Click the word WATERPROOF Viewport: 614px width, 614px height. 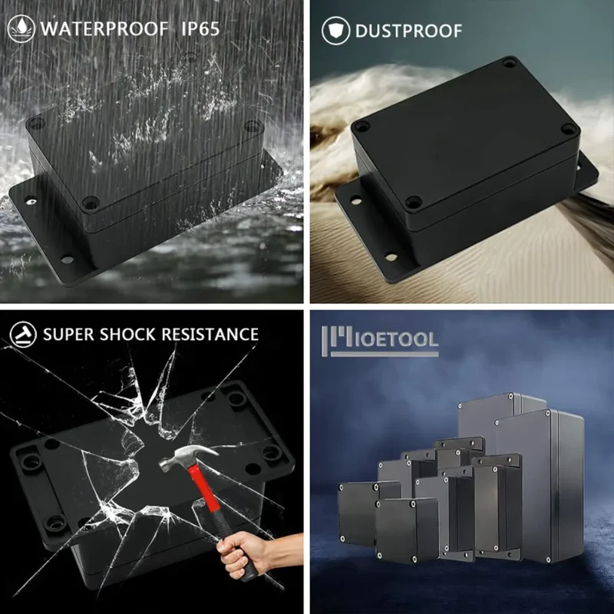(x=104, y=29)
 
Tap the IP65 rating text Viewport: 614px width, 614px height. (x=200, y=29)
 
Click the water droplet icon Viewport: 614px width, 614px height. (x=21, y=28)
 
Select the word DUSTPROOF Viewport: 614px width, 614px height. (x=408, y=31)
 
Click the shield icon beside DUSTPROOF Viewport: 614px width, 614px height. (x=335, y=31)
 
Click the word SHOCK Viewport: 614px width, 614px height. (x=127, y=335)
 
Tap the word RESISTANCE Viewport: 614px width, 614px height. (x=210, y=335)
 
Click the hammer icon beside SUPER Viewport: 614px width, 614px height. (x=23, y=335)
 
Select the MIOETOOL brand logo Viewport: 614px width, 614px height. (x=380, y=341)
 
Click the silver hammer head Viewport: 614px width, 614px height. (x=188, y=456)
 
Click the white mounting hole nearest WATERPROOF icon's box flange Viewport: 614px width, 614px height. (x=31, y=201)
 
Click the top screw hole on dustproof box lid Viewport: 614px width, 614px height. (x=510, y=62)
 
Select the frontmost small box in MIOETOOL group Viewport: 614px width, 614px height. (x=407, y=530)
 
